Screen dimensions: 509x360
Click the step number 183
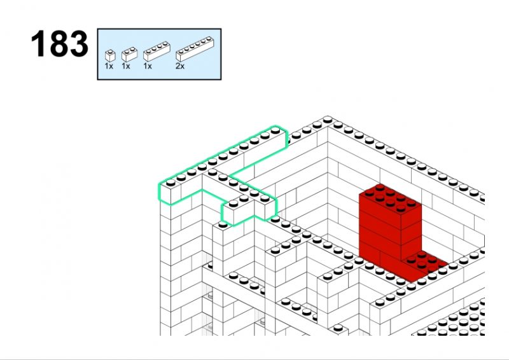click(59, 44)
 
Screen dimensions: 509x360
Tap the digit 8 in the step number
click(59, 44)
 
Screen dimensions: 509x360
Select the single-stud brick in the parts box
click(110, 56)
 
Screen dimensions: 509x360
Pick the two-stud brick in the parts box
click(129, 55)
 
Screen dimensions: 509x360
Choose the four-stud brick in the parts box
click(157, 52)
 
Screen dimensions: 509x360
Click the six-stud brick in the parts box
click(195, 50)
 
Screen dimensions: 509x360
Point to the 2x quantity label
click(180, 66)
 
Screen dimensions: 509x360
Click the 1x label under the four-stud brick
click(148, 66)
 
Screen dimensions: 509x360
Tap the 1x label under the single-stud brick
click(109, 66)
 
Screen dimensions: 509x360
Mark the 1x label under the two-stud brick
click(125, 66)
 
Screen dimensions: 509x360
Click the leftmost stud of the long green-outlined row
click(171, 183)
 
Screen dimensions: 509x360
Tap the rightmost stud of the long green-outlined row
click(275, 130)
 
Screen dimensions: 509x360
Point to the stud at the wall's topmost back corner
click(328, 120)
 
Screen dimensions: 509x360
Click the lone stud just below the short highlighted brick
click(223, 225)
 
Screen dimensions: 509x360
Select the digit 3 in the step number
click(78, 44)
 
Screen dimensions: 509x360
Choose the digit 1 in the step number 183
click(40, 44)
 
